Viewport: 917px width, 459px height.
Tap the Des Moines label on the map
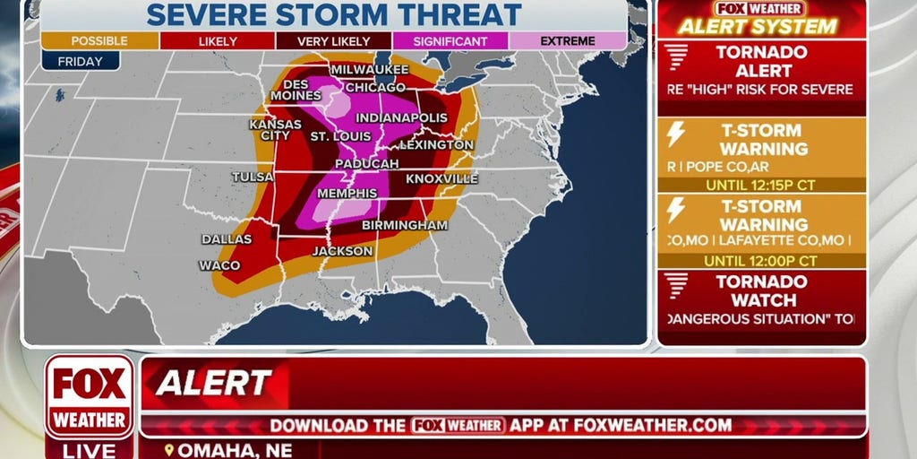pos(290,91)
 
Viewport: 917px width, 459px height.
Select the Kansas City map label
pos(270,130)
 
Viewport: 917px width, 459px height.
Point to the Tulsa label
pos(252,177)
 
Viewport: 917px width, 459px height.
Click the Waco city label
pos(219,265)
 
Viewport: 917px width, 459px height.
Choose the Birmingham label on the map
pos(405,225)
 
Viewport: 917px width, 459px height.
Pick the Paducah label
pos(367,164)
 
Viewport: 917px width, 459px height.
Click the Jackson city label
pos(342,251)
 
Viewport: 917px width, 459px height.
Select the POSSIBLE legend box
pos(100,41)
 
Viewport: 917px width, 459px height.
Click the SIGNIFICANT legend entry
pos(450,41)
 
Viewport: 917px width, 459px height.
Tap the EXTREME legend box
pos(568,41)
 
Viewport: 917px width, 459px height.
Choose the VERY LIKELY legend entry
pos(334,41)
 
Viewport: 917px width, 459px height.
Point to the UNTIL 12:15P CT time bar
pos(760,184)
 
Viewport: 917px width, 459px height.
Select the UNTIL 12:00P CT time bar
pos(760,261)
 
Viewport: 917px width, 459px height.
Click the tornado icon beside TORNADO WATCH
pos(678,286)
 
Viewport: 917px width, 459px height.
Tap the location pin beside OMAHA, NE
pos(169,450)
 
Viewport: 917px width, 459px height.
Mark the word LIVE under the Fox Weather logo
pos(90,450)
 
